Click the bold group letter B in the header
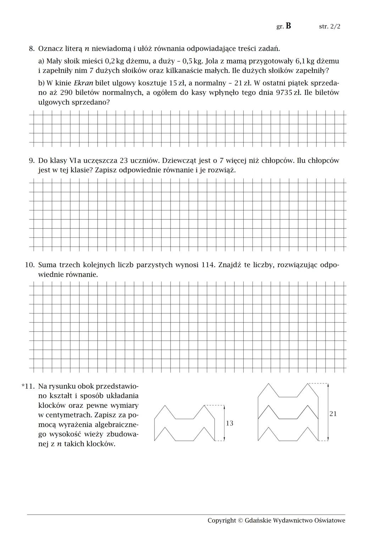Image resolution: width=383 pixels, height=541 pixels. (288, 26)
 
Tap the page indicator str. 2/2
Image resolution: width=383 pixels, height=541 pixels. (329, 27)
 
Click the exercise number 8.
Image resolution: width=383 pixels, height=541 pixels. (32, 49)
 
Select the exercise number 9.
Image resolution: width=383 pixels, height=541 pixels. (32, 160)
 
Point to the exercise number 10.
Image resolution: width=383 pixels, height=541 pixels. (29, 265)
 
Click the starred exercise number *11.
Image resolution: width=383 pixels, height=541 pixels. (28, 386)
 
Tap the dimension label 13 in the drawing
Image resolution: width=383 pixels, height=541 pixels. (229, 423)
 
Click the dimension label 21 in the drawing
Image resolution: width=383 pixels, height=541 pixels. (333, 414)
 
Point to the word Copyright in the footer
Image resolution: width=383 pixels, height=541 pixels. (222, 520)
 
